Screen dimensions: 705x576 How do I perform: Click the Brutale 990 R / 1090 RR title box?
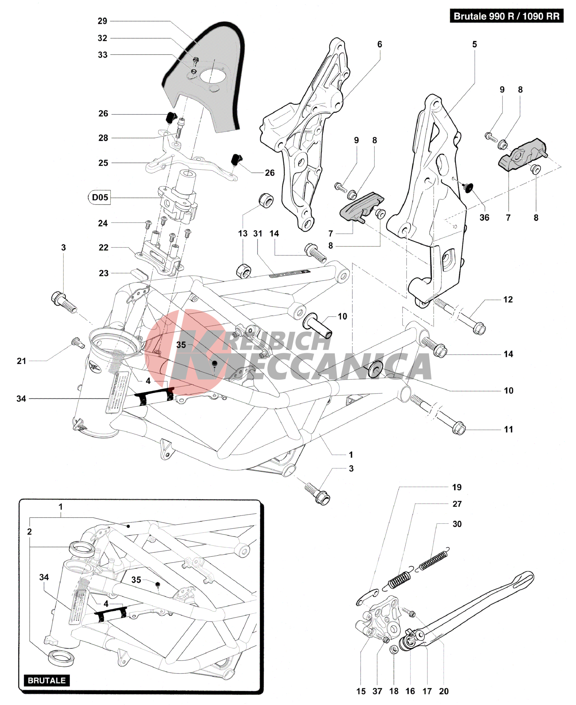point(506,16)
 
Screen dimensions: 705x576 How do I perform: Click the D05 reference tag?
point(99,197)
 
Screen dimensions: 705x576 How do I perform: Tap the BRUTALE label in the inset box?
point(47,680)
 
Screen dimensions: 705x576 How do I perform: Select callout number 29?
point(102,21)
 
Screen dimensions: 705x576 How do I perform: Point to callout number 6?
point(380,45)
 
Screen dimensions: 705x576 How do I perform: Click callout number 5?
point(475,45)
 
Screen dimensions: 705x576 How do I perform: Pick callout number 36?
point(484,218)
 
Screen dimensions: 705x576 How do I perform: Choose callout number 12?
point(508,300)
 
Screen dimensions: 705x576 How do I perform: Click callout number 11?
point(508,430)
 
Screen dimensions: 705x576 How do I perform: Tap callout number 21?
point(22,361)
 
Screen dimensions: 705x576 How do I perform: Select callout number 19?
point(457,488)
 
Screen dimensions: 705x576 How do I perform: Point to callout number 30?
point(457,524)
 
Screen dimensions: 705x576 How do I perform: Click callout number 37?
point(377,691)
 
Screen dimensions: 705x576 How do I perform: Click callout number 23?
point(103,273)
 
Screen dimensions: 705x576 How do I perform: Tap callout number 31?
point(258,234)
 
